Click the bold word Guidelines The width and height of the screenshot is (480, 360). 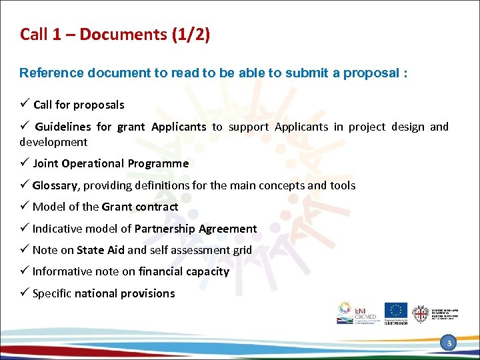(63, 127)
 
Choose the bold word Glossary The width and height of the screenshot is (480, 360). (57, 185)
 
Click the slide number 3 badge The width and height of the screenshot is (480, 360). (449, 343)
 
